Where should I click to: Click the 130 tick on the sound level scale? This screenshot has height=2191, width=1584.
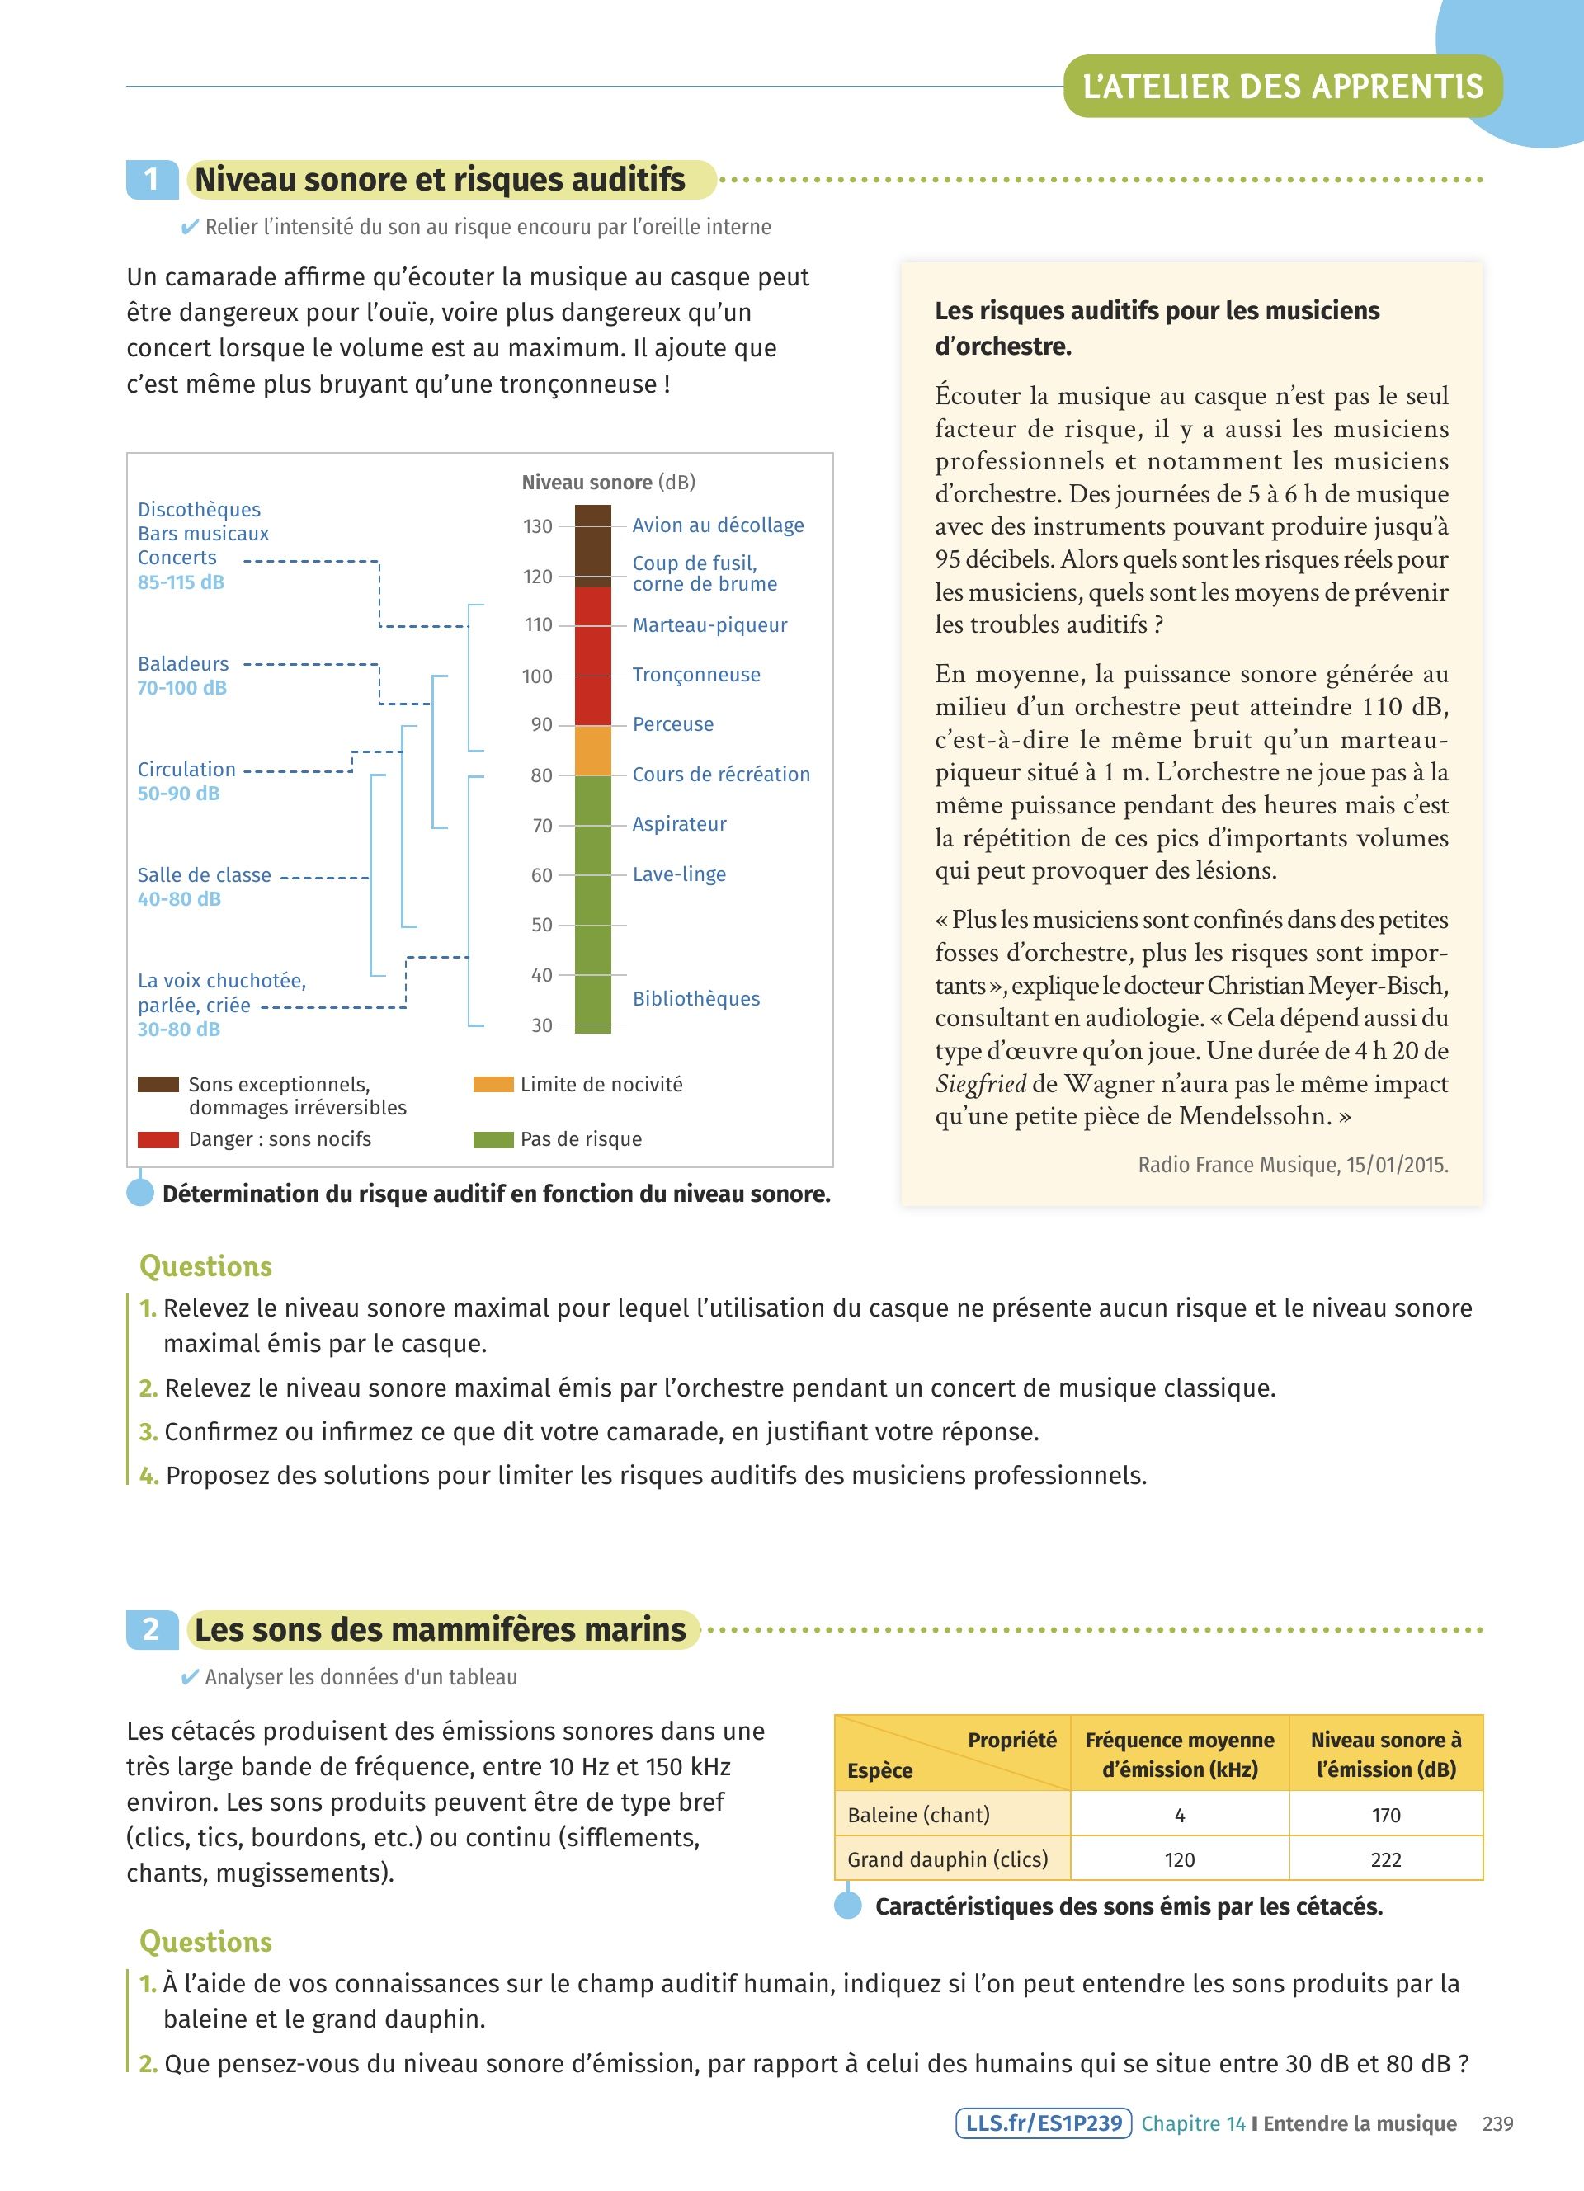coord(538,526)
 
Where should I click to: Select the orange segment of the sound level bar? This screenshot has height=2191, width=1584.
coord(593,751)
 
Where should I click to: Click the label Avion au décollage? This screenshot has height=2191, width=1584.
coord(718,525)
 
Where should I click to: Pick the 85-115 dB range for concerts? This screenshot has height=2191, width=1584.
coord(181,582)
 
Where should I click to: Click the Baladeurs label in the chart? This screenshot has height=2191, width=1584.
coord(182,664)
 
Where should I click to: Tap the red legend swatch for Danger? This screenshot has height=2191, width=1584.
coord(158,1140)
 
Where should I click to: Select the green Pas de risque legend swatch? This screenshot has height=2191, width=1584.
coord(493,1140)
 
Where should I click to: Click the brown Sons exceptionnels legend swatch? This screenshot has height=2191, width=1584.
coord(158,1085)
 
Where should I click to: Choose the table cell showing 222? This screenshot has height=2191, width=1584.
coord(1385,1859)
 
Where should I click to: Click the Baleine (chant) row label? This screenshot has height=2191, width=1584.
coord(918,1815)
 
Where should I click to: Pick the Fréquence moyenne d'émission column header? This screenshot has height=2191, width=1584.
coord(1179,1755)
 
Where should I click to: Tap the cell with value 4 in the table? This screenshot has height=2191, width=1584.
coord(1179,1815)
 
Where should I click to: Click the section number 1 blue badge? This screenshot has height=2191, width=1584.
coord(152,180)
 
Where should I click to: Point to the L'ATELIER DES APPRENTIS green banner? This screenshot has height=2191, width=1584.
coord(1282,87)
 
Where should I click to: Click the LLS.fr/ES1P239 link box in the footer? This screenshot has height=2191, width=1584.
coord(1043,2123)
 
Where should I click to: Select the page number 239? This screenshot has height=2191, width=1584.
coord(1497,2123)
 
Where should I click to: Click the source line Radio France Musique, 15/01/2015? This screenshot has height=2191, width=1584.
coord(1292,1165)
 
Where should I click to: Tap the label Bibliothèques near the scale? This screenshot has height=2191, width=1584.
coord(695,999)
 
